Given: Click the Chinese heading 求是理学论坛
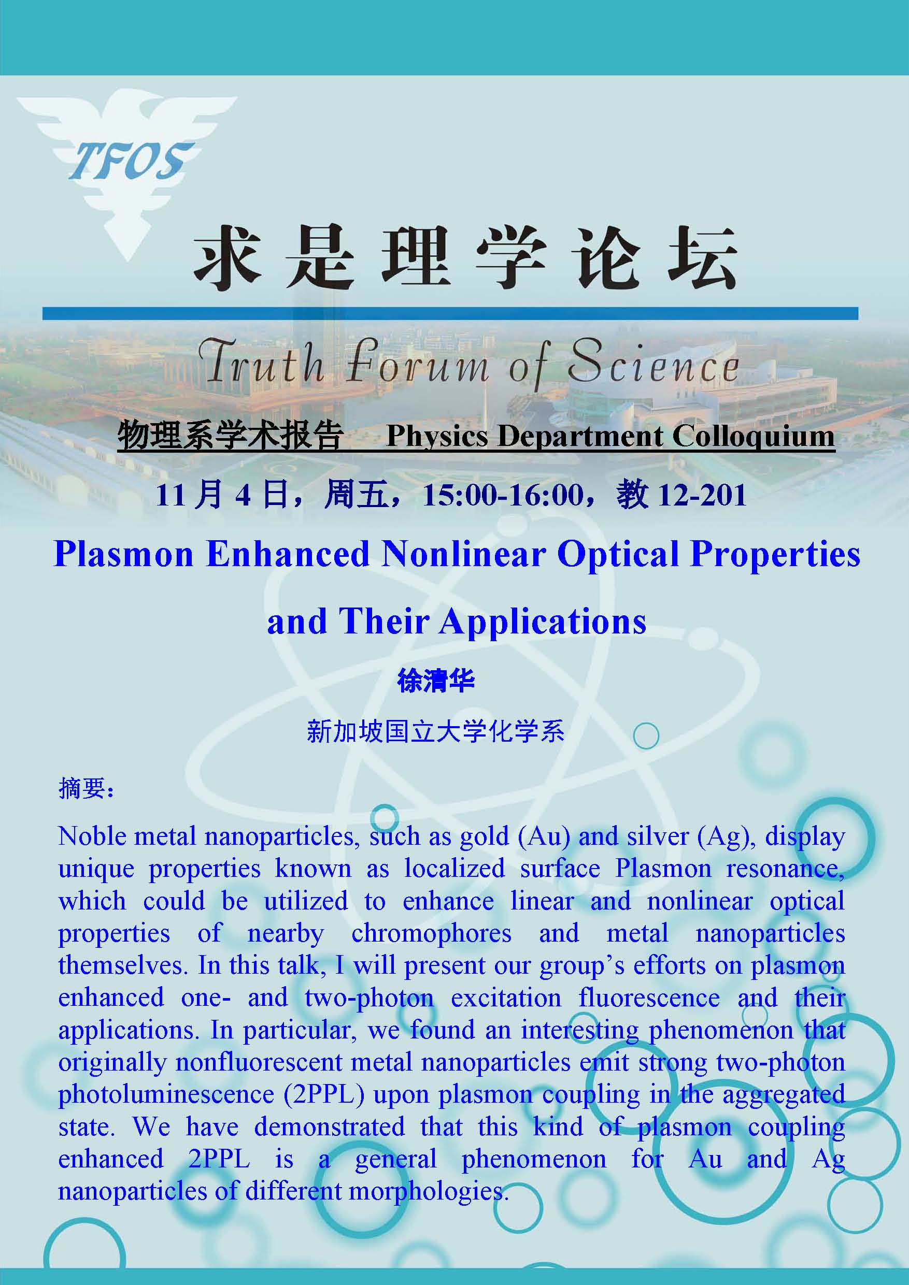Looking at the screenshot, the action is coord(464,258).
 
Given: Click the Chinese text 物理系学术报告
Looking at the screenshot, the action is coord(230,436).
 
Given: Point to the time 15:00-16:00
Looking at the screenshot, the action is coord(503,495).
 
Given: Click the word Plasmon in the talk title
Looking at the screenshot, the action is coord(123,554).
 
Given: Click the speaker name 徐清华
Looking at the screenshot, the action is coord(436,681).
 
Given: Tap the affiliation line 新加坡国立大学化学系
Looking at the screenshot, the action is coord(436,731).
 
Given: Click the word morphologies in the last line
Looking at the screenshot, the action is coord(429,1192).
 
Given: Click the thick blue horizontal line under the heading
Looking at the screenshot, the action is coord(450,313).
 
